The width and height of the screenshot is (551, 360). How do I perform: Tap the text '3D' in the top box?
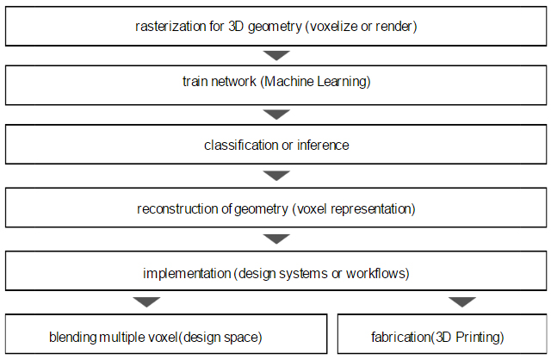236,27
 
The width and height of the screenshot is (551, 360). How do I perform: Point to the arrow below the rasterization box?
276,55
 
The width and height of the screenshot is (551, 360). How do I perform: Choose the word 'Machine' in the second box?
289,82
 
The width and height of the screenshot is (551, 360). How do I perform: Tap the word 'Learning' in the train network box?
342,83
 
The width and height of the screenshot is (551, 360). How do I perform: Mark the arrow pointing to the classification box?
276,115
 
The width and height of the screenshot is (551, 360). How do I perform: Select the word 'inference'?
323,146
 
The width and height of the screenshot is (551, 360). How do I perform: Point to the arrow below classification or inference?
276,176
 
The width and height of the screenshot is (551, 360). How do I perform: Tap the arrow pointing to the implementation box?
276,239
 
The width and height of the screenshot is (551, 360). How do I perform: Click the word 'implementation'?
187,274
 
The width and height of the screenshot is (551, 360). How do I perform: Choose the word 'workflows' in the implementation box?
375,274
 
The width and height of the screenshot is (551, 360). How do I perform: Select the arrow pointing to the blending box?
146,302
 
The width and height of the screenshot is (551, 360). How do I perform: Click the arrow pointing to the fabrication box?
462,302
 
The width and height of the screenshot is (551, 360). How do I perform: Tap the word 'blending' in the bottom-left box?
72,338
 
